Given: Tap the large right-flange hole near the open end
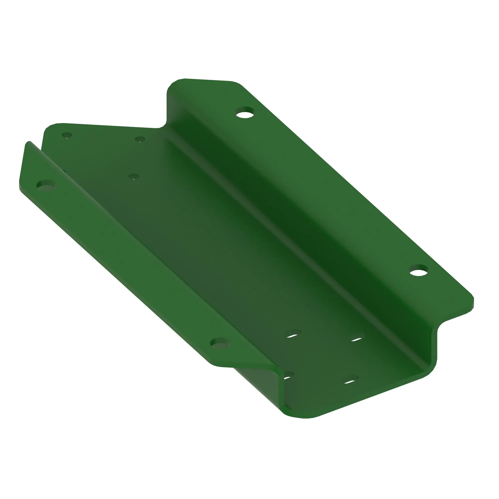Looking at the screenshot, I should (x=418, y=270).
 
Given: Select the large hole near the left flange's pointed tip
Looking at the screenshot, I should (x=46, y=185).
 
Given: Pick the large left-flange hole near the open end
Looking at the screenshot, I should (x=220, y=343).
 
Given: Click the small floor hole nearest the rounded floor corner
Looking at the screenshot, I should (x=67, y=135).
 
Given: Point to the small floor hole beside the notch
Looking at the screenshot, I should (x=140, y=139).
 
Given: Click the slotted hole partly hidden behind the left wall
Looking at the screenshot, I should (x=288, y=376).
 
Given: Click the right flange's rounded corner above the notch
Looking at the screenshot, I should (x=176, y=82).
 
